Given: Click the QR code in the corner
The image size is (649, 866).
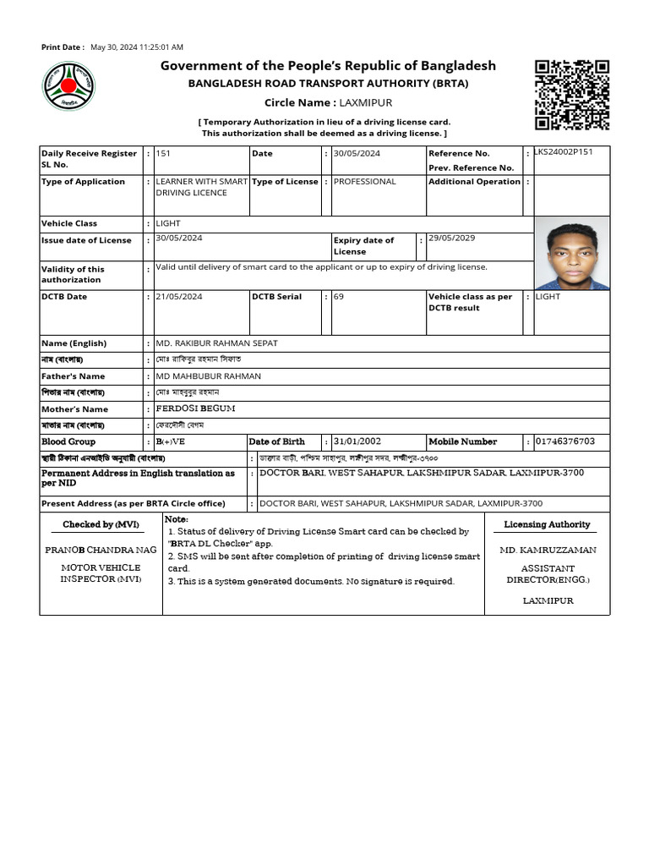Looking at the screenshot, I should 572,94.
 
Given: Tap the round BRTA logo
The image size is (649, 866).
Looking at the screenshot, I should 69,86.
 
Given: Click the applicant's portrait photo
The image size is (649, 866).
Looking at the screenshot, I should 572,253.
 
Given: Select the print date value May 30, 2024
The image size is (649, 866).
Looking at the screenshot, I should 137,47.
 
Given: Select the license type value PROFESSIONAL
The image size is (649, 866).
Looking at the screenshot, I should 364,181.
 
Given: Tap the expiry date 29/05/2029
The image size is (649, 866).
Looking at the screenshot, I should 451,238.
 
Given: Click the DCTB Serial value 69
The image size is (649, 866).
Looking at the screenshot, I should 339,297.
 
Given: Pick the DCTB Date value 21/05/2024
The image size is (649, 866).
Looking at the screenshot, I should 179,297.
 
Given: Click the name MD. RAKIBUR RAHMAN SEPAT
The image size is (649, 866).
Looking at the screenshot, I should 216,343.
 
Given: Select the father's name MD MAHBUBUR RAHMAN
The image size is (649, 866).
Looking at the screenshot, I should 209,376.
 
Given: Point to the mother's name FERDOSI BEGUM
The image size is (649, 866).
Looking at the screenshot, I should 195,408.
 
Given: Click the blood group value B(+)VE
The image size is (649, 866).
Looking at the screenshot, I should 171,441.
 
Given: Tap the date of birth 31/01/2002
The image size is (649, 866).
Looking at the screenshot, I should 357,441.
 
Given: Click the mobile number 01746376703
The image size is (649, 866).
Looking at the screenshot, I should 565,441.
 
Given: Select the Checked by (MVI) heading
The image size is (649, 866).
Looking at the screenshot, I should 100,525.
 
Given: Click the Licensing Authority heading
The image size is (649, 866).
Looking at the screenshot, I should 547,525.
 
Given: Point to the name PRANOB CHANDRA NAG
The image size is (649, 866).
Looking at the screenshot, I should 101,550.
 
